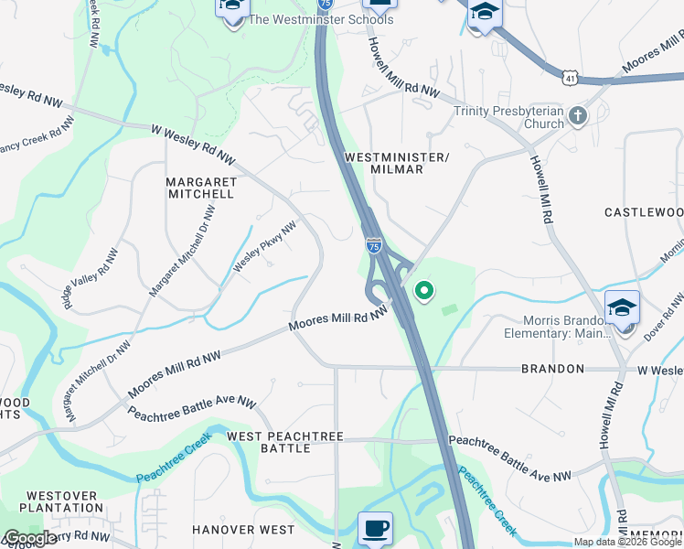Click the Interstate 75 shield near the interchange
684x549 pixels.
(374, 245)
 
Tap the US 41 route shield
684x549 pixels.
(570, 80)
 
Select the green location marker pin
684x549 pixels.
(423, 291)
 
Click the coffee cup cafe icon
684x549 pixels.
(375, 528)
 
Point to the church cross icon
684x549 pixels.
(577, 116)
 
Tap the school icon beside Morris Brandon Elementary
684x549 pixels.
(622, 307)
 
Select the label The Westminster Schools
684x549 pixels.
(321, 19)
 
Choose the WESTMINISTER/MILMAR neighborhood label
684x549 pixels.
(397, 164)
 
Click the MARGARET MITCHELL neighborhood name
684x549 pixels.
(201, 188)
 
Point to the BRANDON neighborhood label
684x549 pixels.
(552, 369)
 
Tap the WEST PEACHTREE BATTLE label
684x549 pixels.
(285, 443)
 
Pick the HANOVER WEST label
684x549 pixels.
(243, 530)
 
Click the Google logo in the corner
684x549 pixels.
(29, 538)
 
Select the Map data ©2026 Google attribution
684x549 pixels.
(627, 542)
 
